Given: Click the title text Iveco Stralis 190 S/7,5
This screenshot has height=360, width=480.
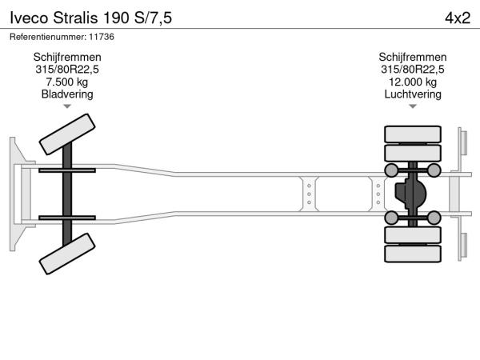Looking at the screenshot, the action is click(x=91, y=18).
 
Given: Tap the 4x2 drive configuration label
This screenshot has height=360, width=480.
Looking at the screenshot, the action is click(x=458, y=18).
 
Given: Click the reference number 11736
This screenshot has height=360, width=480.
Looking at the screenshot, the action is click(x=102, y=37).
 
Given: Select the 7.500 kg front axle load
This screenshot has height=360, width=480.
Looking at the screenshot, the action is click(x=67, y=82).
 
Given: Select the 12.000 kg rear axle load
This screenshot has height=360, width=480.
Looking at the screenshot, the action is click(x=413, y=82).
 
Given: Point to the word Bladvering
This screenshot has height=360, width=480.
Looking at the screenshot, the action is click(x=67, y=94).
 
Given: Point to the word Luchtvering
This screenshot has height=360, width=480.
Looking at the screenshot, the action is click(x=413, y=94).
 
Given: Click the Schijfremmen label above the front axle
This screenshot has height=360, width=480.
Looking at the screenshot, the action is click(x=67, y=57).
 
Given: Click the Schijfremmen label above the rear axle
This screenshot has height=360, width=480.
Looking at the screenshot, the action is click(x=413, y=57).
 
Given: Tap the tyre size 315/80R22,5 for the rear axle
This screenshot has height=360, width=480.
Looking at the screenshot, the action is click(x=413, y=70).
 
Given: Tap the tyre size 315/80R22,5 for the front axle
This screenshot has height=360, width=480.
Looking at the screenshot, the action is click(x=67, y=70).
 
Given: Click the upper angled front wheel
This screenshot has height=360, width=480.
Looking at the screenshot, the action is click(x=67, y=134).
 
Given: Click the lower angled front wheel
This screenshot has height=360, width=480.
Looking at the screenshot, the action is click(x=67, y=254).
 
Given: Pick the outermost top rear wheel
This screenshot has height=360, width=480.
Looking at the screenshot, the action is click(x=413, y=134).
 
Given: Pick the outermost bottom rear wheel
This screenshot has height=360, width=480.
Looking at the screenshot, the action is click(x=413, y=254).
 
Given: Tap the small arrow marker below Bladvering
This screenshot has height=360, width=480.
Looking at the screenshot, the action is click(x=67, y=106).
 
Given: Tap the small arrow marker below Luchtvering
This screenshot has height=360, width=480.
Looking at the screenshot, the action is click(x=413, y=106).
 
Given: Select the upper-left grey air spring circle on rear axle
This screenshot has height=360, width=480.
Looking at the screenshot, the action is click(x=391, y=170).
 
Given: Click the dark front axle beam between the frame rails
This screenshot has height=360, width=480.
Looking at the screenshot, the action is click(x=67, y=194).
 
